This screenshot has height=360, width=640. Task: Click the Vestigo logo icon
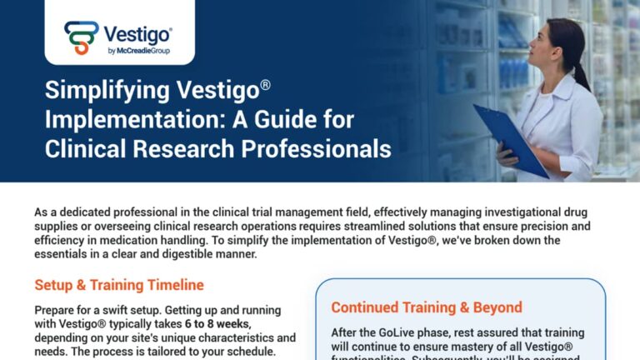(x=82, y=37)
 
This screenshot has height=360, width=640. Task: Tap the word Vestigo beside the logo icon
(x=137, y=34)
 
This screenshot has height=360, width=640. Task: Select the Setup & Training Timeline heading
(x=118, y=285)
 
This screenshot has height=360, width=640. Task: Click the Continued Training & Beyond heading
(x=427, y=307)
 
